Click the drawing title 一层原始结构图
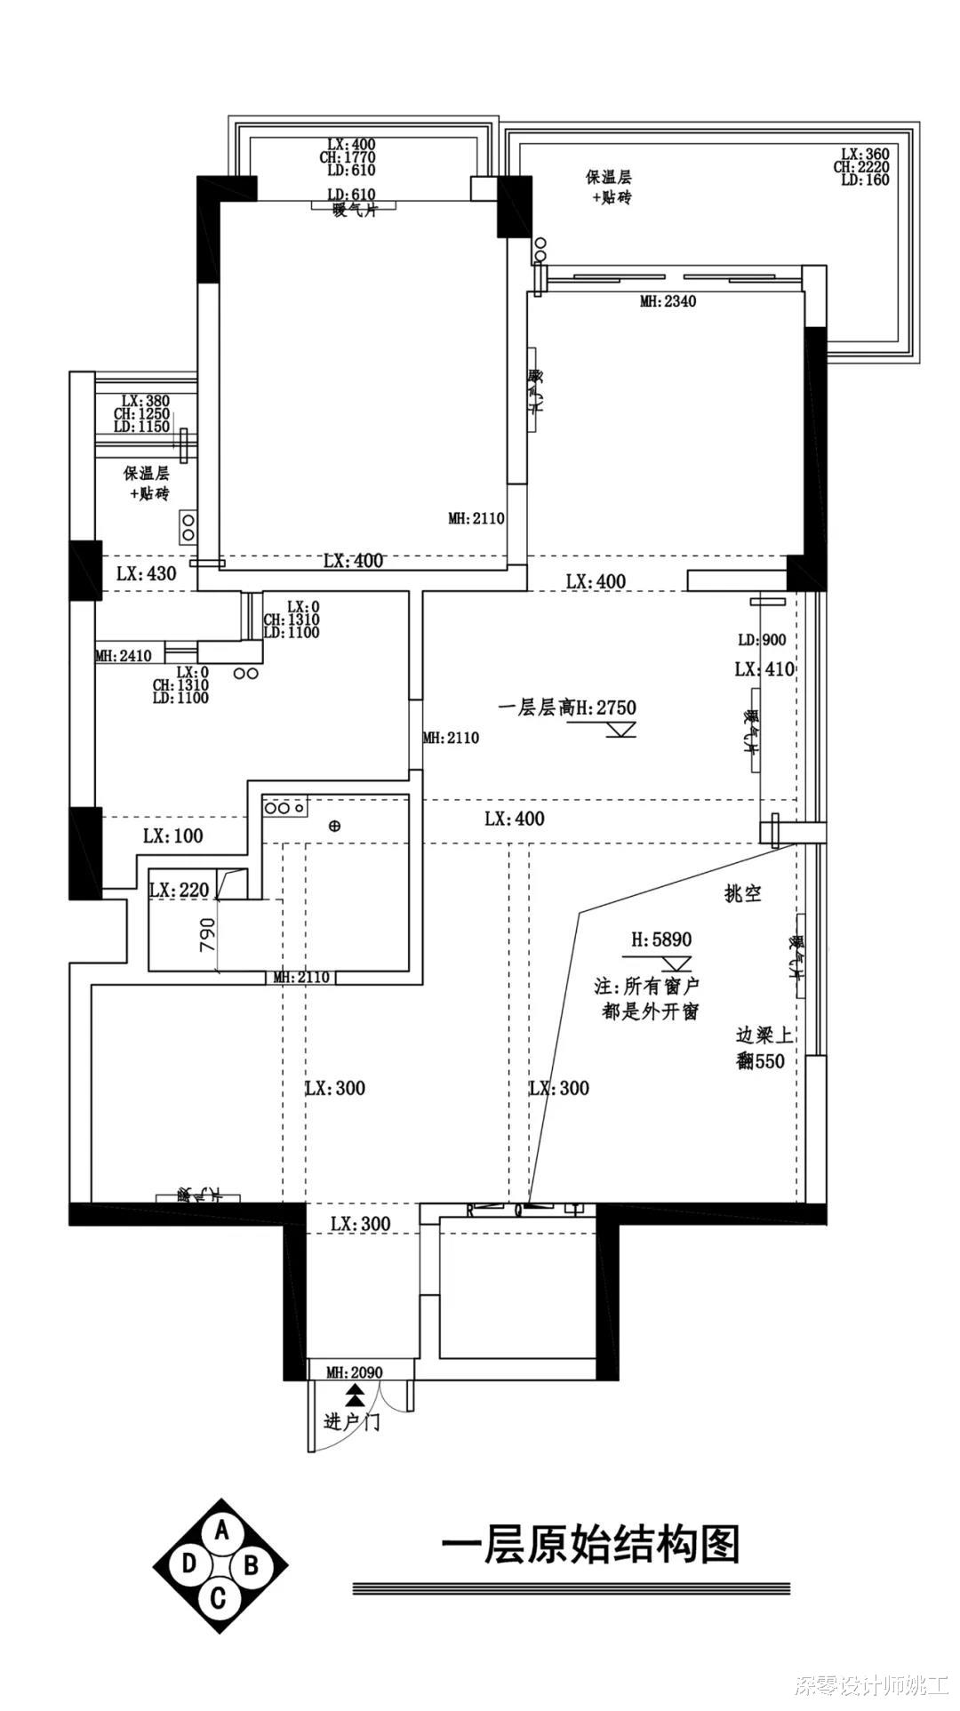coord(590,1545)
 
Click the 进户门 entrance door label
coord(352,1423)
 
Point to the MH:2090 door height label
coord(354,1372)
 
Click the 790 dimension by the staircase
coord(207,935)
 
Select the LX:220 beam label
coord(180,890)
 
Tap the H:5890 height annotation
coord(661,939)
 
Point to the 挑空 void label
coord(743,894)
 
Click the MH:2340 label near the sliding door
coord(668,301)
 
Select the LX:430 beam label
coord(147,573)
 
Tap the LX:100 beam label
coord(172,836)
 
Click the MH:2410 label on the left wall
coord(124,656)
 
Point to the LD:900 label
coord(762,640)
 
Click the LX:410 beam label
coord(764,669)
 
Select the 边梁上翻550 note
coord(764,1048)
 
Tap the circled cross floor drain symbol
coord(334,826)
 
